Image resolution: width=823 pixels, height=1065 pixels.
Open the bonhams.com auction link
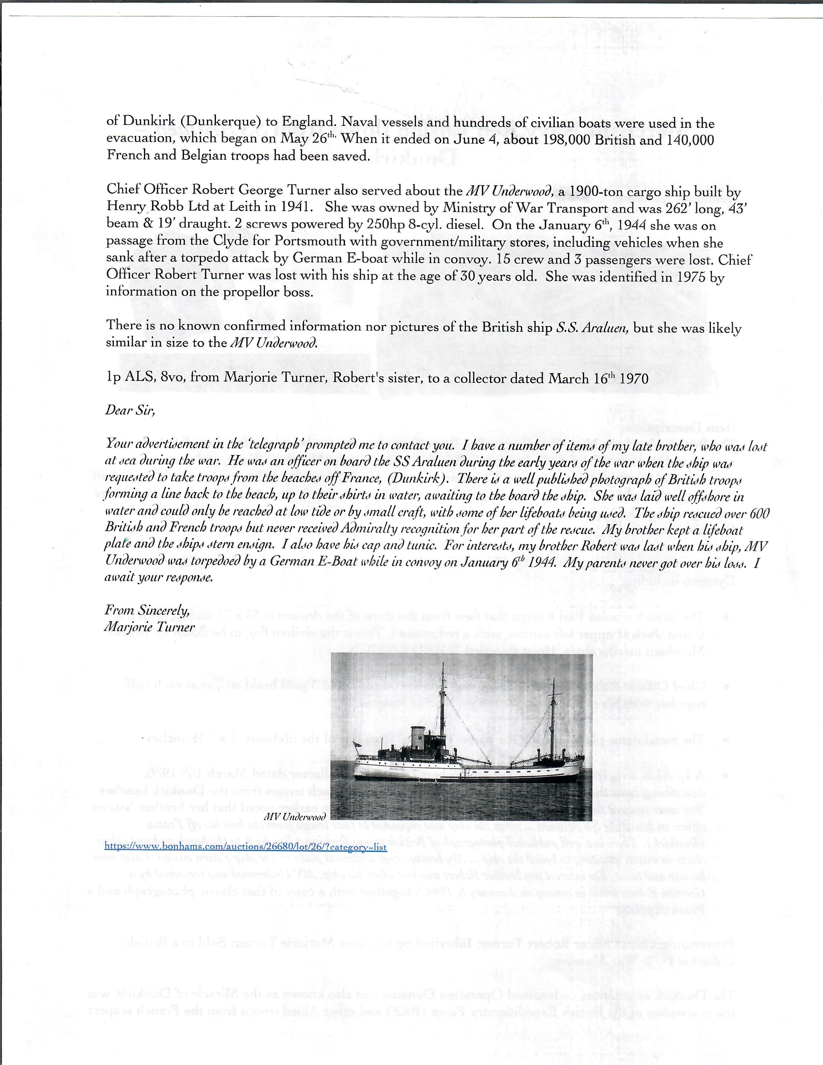pyautogui.click(x=246, y=847)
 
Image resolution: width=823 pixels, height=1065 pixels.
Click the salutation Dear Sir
pyautogui.click(x=130, y=410)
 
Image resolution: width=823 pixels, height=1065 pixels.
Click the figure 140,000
pyautogui.click(x=683, y=140)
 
